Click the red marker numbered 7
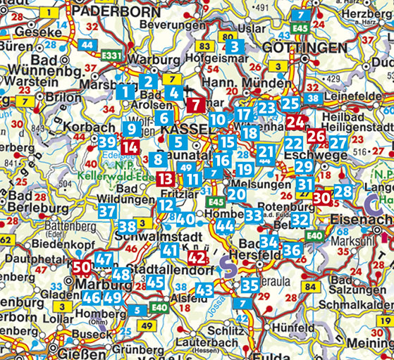click(x=197, y=106)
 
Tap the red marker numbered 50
click(x=81, y=267)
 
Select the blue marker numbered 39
click(x=107, y=142)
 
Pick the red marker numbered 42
click(x=197, y=259)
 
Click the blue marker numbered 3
click(x=234, y=47)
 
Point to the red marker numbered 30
click(x=321, y=198)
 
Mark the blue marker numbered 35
click(x=250, y=285)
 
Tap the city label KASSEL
click(x=185, y=130)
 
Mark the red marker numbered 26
click(x=316, y=136)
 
